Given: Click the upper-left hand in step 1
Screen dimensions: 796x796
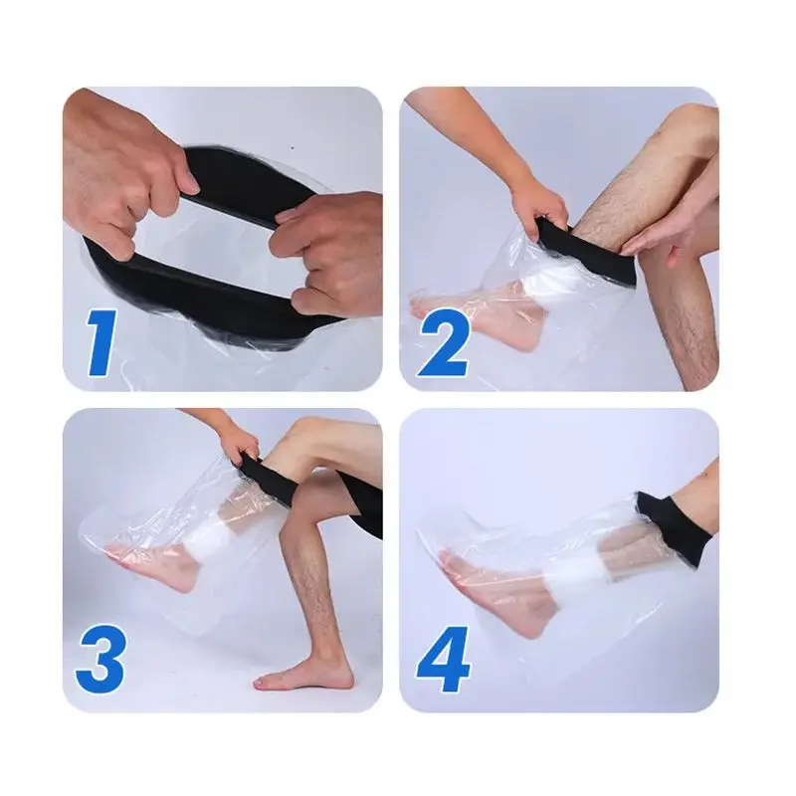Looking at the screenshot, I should point(124,159).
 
